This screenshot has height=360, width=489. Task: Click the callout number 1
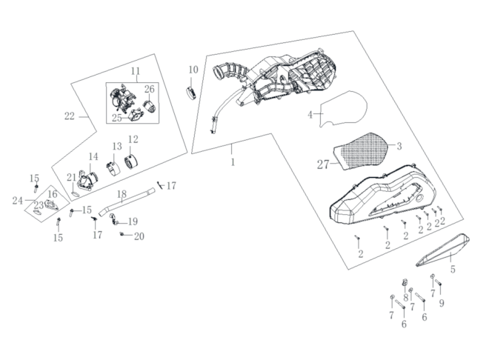[232, 161]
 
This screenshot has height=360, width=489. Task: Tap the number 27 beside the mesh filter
[322, 164]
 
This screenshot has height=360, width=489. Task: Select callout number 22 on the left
[70, 116]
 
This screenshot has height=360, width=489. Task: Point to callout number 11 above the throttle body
[136, 71]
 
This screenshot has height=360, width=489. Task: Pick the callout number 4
[311, 115]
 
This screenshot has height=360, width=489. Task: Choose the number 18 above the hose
[123, 193]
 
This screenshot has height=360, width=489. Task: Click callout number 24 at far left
[18, 201]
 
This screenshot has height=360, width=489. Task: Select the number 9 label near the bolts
[441, 303]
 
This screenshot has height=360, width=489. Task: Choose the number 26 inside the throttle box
[149, 90]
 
